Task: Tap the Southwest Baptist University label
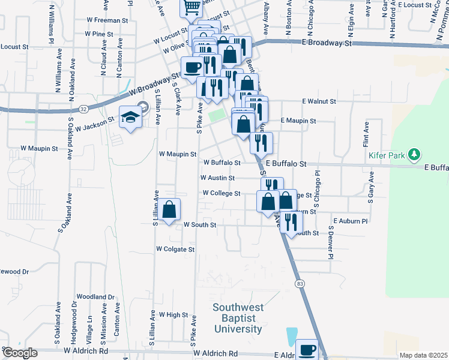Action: (x=238, y=319)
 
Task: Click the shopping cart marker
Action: (x=191, y=8)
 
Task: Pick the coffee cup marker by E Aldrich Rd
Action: (x=307, y=349)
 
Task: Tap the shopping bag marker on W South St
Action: (x=170, y=210)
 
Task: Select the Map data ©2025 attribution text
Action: (x=423, y=355)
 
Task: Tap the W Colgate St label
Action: (x=175, y=248)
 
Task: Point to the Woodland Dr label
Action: (x=95, y=297)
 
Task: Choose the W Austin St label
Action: (x=217, y=178)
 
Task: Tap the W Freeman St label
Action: (x=100, y=20)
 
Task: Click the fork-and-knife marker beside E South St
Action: (x=291, y=223)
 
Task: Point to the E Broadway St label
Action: (x=327, y=44)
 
